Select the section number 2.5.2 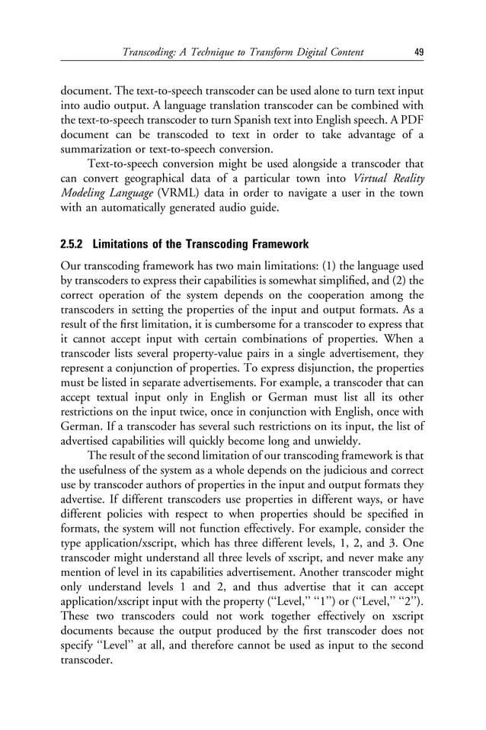[73, 245]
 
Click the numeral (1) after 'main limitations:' [303, 266]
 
